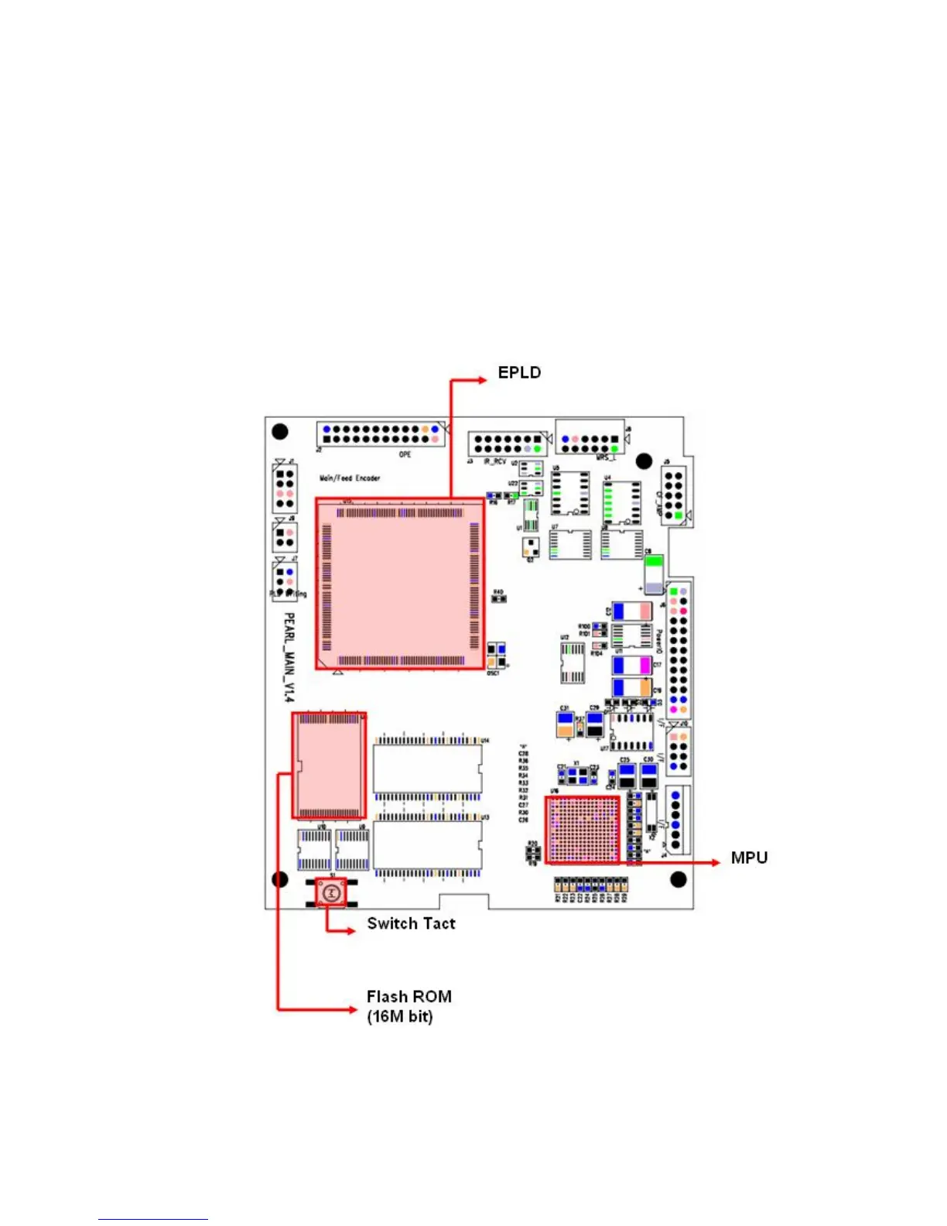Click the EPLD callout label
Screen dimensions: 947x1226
tap(519, 373)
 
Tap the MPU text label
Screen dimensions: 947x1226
tap(749, 858)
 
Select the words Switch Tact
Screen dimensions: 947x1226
tap(411, 923)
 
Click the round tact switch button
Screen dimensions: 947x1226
tap(331, 893)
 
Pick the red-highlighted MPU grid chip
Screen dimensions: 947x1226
tap(583, 830)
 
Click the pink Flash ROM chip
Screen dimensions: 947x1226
tap(329, 765)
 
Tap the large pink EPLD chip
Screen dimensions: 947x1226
tap(400, 584)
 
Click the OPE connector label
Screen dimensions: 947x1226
tap(405, 454)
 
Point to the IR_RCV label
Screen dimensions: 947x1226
tap(494, 462)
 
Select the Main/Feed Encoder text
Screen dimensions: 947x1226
tap(350, 478)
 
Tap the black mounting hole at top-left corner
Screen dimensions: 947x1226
tap(281, 431)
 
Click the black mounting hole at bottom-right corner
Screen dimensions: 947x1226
tap(679, 879)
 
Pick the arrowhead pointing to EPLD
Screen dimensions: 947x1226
tap(481, 380)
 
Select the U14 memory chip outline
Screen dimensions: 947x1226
tap(427, 769)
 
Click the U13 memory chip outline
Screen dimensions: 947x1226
tap(427, 844)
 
